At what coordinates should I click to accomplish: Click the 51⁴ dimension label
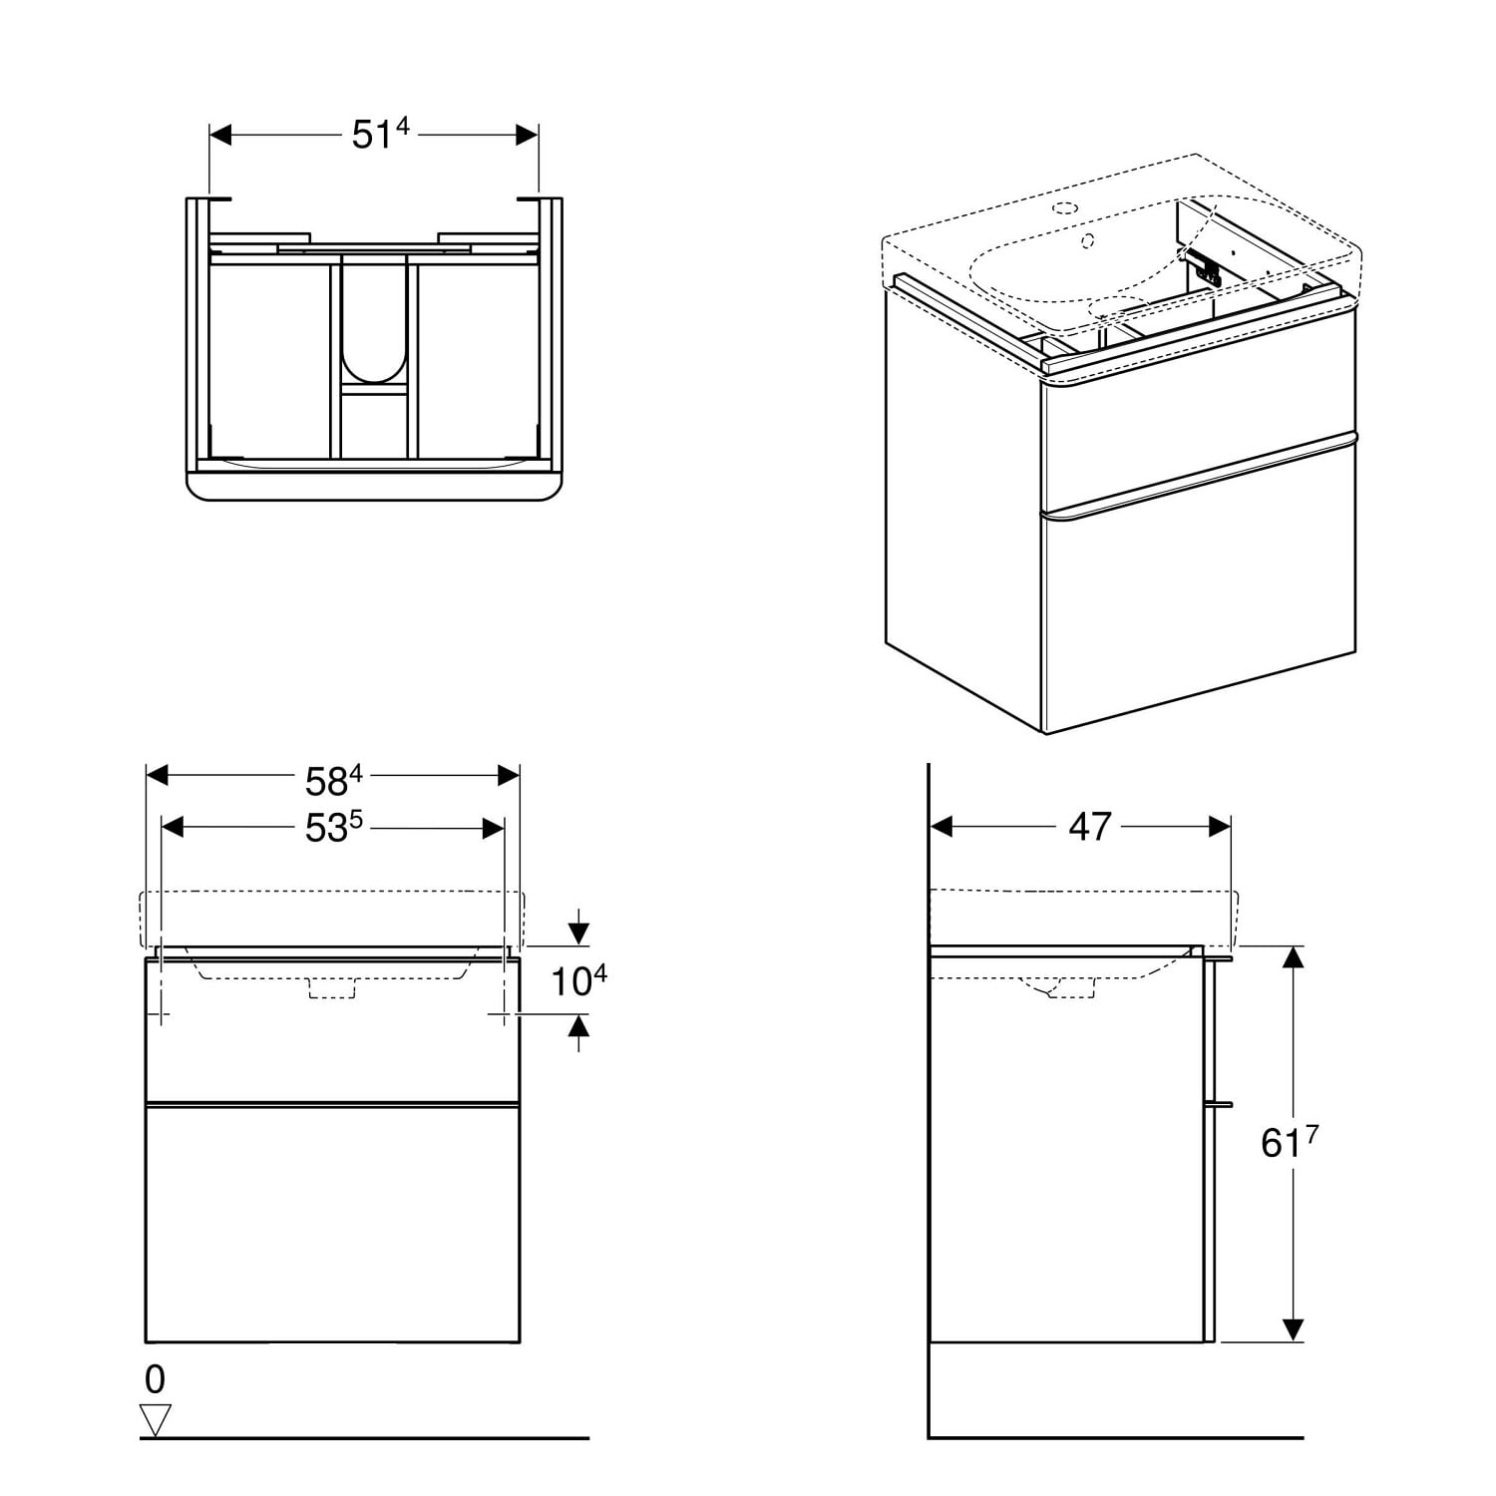(381, 134)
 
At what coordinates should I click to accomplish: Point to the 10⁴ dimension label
(579, 981)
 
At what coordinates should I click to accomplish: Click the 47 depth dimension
(1089, 826)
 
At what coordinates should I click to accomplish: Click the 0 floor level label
(155, 1379)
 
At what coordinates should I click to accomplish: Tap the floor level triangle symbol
(157, 1418)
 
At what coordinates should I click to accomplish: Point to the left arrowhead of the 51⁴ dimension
(220, 135)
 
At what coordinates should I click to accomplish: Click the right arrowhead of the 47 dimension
(1219, 826)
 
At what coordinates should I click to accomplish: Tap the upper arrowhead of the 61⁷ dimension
(1294, 957)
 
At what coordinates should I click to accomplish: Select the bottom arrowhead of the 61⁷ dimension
(1294, 1329)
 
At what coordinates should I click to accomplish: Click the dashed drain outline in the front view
(333, 988)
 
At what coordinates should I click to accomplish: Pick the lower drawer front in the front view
(332, 1224)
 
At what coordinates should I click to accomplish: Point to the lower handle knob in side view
(1220, 1104)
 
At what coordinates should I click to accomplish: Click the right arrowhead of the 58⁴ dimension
(509, 775)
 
